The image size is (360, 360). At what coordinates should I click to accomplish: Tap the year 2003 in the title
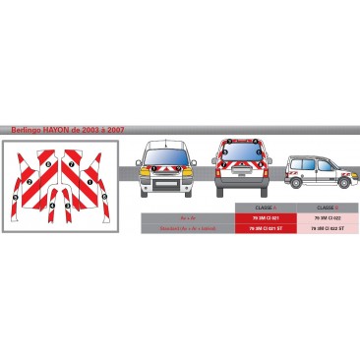[x=88, y=129]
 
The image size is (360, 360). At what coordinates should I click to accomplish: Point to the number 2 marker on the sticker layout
[x=30, y=183]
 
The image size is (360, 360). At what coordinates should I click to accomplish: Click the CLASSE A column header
[x=266, y=209]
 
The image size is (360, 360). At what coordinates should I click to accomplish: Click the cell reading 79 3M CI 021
[x=266, y=217]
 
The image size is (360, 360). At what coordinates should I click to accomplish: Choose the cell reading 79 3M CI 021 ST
[x=266, y=227]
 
